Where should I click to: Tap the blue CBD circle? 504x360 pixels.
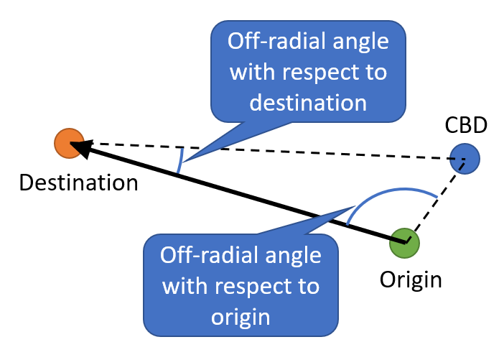click(x=465, y=159)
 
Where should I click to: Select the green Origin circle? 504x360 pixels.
click(x=404, y=242)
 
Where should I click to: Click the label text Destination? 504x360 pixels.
click(x=78, y=183)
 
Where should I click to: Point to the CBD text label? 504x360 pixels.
click(x=465, y=126)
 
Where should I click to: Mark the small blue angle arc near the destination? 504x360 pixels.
click(x=180, y=161)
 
